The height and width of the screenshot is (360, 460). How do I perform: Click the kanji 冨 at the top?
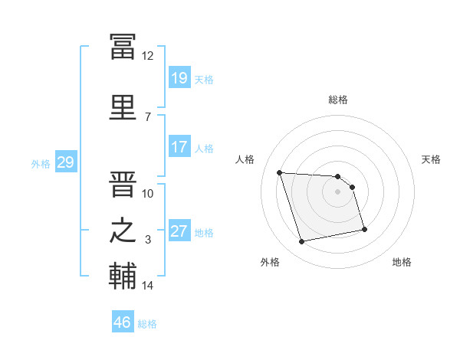pyautogui.click(x=123, y=47)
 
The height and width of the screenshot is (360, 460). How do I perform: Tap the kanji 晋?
pyautogui.click(x=123, y=184)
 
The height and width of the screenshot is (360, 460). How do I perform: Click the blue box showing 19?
pyautogui.click(x=179, y=78)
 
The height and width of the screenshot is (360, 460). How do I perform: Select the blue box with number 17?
pyautogui.click(x=179, y=147)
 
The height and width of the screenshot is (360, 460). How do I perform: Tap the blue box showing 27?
pyautogui.click(x=179, y=231)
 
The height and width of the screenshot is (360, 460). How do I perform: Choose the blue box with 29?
pyautogui.click(x=65, y=162)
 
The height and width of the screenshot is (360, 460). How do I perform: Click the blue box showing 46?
pyautogui.click(x=122, y=322)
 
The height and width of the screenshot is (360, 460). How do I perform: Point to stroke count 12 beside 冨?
pyautogui.click(x=148, y=56)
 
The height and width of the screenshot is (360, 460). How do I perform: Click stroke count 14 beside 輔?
pyautogui.click(x=148, y=286)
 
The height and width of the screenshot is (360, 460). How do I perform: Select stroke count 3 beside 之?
pyautogui.click(x=148, y=240)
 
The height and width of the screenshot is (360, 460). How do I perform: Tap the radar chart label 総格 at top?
pyautogui.click(x=338, y=100)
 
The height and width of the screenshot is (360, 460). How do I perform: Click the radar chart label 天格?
pyautogui.click(x=432, y=159)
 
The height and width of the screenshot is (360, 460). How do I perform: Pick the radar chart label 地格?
pyautogui.click(x=402, y=262)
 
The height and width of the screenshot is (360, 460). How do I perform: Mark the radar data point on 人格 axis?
pyautogui.click(x=280, y=172)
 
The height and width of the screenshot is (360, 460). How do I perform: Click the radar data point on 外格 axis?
pyautogui.click(x=302, y=242)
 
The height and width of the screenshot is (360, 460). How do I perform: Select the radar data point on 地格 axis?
pyautogui.click(x=364, y=229)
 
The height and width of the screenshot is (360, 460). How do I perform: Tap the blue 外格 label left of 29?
pyautogui.click(x=40, y=163)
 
